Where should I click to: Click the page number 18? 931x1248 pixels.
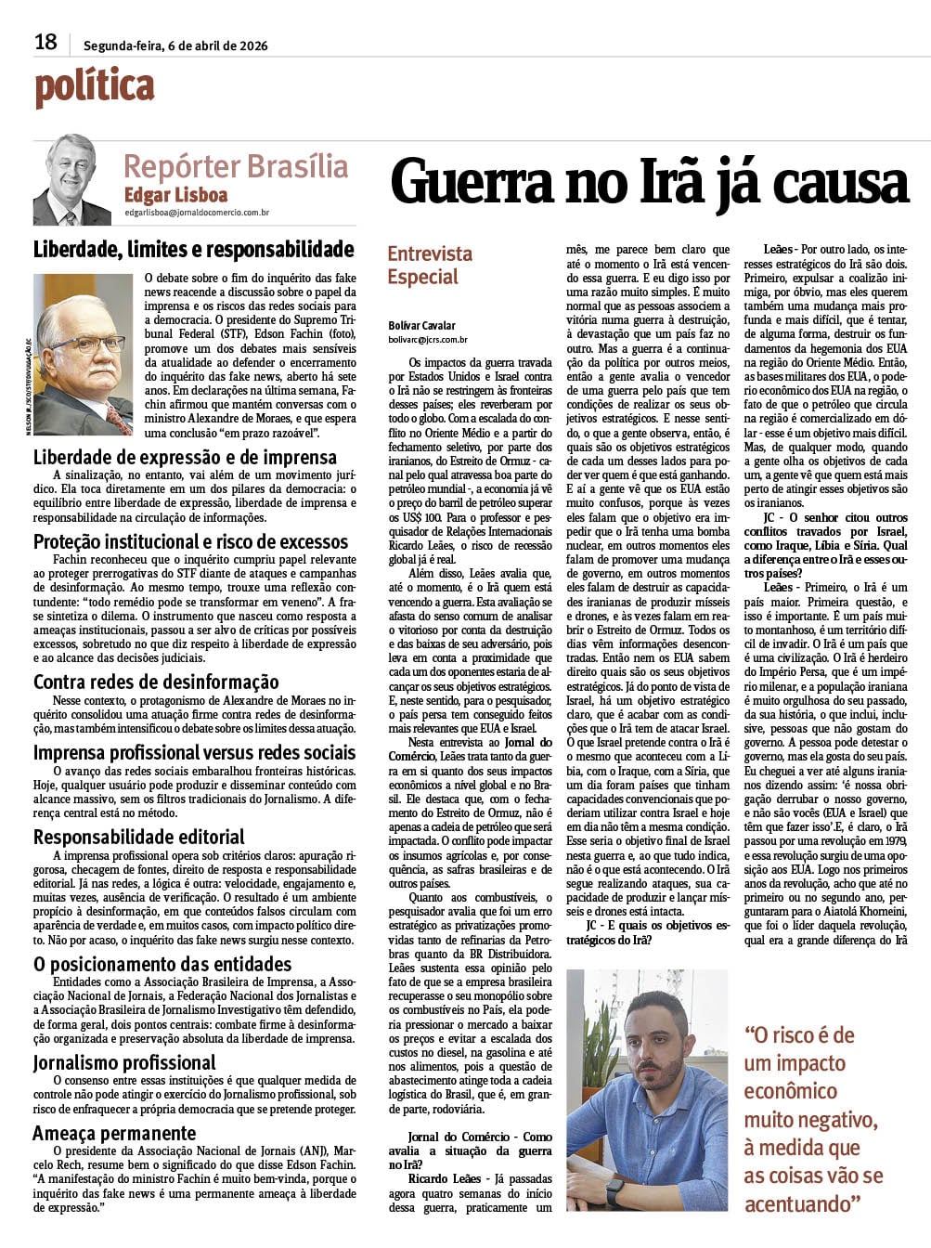coord(45,42)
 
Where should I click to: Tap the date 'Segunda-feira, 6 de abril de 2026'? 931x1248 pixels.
coord(175,45)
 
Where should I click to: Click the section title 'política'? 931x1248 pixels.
coord(94,87)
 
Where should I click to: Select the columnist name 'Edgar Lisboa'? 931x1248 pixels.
coord(175,195)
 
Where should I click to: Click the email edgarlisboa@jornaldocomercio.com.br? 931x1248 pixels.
coord(197,214)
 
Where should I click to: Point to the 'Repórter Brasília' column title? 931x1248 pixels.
coord(236,167)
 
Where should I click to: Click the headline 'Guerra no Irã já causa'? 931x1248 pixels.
coord(649,181)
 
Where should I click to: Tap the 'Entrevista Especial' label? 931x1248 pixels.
coord(429,266)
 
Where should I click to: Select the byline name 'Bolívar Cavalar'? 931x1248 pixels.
coord(421,326)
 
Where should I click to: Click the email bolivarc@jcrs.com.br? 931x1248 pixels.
coord(428,341)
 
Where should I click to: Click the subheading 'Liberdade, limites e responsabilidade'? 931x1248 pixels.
coord(193,249)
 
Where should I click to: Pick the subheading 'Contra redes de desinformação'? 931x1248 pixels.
coord(156,682)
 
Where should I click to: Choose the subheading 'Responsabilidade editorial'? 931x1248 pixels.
coord(139,837)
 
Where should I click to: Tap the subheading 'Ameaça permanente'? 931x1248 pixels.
coord(114,1133)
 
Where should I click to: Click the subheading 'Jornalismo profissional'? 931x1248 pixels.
coord(124,1063)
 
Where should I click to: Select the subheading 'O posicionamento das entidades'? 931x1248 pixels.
coord(162,964)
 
